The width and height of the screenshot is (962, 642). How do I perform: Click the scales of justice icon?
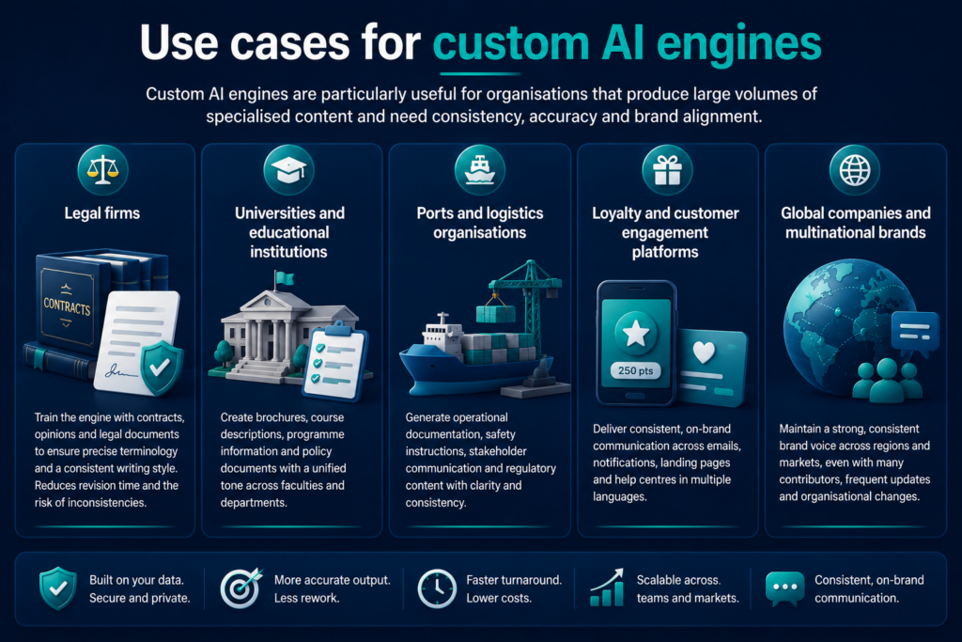(x=102, y=170)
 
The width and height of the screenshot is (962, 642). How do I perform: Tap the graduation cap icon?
(x=288, y=170)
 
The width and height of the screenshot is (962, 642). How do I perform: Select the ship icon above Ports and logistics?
(x=480, y=170)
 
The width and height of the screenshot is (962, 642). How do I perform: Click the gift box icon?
(x=667, y=170)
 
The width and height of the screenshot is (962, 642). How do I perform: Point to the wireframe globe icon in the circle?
(x=855, y=170)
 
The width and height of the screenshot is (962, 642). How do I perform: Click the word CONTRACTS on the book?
(x=67, y=306)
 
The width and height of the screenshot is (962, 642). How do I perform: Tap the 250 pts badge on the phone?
(x=636, y=370)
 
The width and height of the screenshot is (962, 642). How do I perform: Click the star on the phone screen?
(x=636, y=334)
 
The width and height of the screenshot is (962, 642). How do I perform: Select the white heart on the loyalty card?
(x=704, y=352)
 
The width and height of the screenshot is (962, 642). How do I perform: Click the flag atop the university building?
(x=284, y=278)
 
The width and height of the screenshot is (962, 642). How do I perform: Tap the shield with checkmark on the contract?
(x=161, y=368)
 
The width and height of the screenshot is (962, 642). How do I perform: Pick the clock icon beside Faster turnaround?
(x=437, y=588)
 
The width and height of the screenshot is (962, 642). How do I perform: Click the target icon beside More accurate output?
(x=240, y=588)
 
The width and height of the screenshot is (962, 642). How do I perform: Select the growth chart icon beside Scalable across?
(x=607, y=587)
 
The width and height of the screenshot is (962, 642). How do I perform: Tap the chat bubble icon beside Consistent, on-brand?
(x=784, y=588)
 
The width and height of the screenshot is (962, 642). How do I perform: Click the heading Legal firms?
(x=102, y=213)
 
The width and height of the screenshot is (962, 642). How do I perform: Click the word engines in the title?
(x=738, y=44)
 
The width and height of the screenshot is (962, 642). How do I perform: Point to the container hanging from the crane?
(x=496, y=314)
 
